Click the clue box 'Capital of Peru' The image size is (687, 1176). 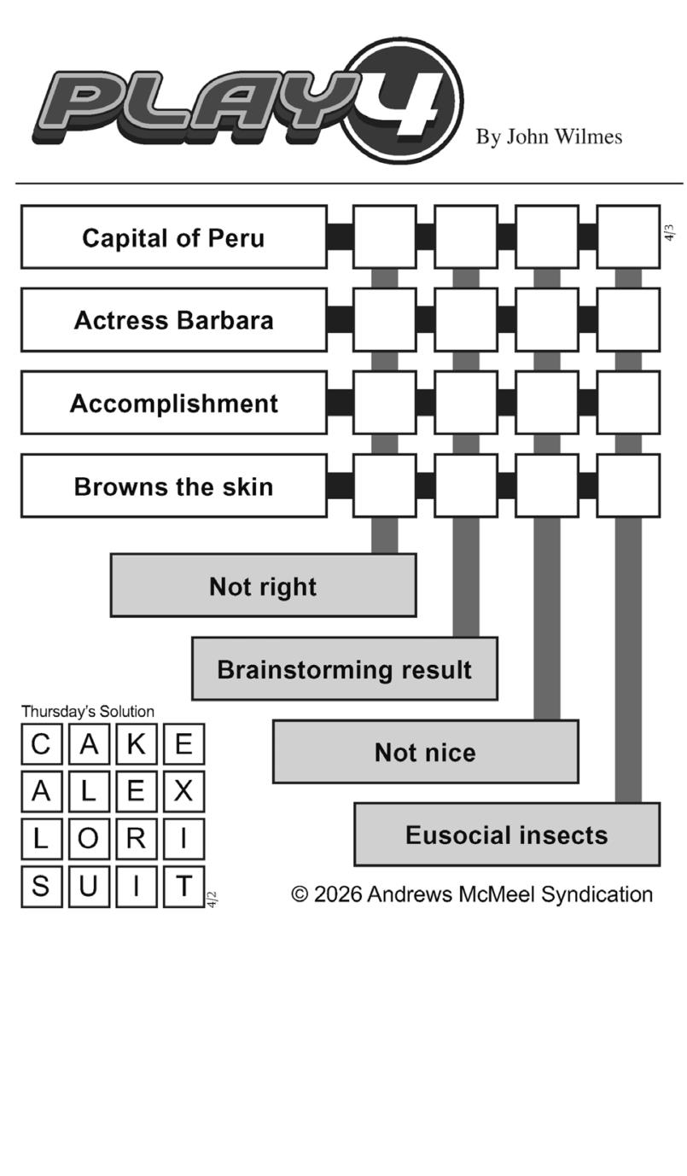(174, 237)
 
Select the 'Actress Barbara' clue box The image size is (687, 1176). (174, 320)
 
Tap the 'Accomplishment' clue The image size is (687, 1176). (174, 403)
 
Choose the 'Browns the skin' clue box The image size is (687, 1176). (174, 486)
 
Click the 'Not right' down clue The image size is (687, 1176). (263, 585)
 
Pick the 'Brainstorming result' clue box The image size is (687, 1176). (344, 668)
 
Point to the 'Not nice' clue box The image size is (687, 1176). (425, 752)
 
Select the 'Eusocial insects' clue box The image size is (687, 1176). (506, 835)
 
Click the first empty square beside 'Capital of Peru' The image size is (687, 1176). (385, 237)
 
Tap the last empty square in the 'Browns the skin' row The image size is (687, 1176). (628, 486)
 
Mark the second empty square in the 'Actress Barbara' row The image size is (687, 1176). (466, 320)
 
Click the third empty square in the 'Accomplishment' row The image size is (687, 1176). (547, 403)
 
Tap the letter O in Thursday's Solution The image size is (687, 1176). (88, 839)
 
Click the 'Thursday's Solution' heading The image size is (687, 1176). (88, 711)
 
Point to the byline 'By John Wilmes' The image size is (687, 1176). (549, 137)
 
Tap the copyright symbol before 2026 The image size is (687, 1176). (300, 894)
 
